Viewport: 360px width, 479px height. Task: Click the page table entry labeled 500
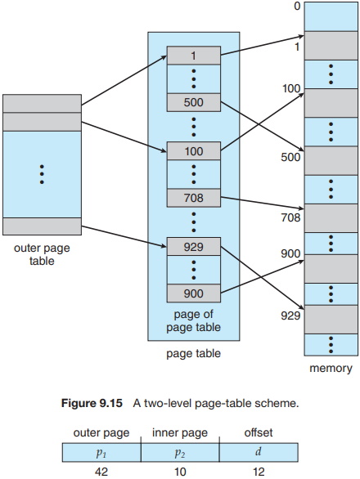tap(194, 102)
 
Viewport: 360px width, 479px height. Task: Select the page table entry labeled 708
tap(194, 198)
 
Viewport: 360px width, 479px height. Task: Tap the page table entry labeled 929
tap(194, 247)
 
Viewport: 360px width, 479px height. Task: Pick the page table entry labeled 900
tap(194, 293)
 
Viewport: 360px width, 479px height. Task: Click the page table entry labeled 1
tap(194, 56)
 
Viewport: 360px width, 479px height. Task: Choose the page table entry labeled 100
tap(194, 151)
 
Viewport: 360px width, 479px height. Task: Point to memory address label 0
tap(297, 6)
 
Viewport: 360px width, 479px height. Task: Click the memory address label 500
tap(290, 157)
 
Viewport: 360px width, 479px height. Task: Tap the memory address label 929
tap(290, 316)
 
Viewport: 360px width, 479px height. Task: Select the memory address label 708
tap(290, 217)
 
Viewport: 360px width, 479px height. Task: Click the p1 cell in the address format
tap(101, 452)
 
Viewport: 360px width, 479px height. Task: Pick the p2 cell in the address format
tap(180, 452)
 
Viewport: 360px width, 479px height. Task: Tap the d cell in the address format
tap(259, 452)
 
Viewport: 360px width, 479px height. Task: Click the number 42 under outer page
tap(101, 472)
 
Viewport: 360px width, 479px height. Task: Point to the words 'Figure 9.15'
tap(92, 403)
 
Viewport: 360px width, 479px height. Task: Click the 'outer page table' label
tap(42, 254)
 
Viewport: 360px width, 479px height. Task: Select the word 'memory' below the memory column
tap(331, 369)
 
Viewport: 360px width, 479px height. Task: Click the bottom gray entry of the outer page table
tap(43, 226)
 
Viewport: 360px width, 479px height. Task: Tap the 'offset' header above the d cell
tap(259, 432)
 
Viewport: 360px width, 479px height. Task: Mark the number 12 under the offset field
tap(259, 472)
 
